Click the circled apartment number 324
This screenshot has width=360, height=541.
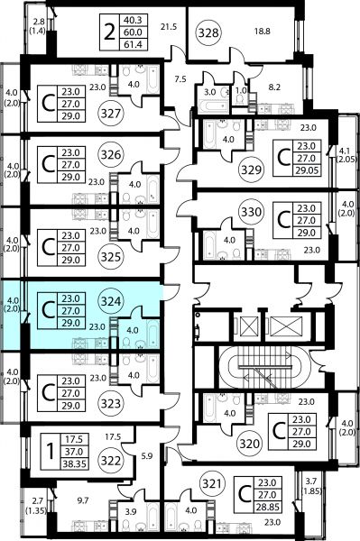(111, 302)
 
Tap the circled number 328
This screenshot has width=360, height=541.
(209, 32)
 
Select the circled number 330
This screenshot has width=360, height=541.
(251, 212)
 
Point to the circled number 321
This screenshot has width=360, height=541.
(212, 483)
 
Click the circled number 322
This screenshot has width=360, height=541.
(111, 461)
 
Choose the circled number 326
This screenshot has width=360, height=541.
(111, 155)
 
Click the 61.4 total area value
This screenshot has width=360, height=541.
(133, 44)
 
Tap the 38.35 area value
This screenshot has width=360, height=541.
(74, 463)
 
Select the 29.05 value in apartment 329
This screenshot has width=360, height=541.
(306, 170)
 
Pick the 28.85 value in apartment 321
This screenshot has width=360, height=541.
(267, 507)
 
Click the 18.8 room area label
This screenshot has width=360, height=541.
(263, 32)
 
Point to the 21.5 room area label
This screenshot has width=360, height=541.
(169, 26)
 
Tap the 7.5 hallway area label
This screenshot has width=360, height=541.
(180, 79)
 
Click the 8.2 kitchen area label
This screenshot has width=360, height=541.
(274, 87)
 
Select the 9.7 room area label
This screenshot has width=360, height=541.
(83, 500)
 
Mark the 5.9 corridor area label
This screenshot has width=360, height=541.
(147, 456)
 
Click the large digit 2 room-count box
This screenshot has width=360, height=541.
(110, 32)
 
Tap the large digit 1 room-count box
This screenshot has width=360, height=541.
(51, 452)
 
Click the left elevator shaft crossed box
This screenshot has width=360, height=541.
(249, 326)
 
